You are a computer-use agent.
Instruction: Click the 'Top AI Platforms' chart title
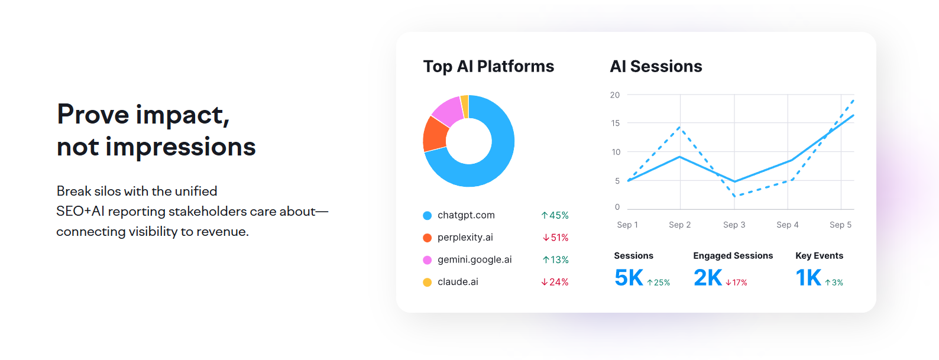click(488, 66)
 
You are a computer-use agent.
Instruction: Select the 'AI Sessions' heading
click(656, 66)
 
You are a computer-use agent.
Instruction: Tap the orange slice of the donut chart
click(435, 134)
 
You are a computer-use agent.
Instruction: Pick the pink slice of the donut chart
click(448, 111)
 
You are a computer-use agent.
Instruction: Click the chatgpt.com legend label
click(466, 215)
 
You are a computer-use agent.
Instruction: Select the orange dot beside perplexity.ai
click(427, 238)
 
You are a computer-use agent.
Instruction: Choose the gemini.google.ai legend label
click(474, 260)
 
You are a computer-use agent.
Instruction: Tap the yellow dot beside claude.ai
click(427, 282)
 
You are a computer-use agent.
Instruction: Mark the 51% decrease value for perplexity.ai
click(555, 238)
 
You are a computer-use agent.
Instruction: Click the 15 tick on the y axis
click(616, 123)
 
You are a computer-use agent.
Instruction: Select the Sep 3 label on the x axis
click(734, 225)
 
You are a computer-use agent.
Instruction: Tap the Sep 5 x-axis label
click(840, 225)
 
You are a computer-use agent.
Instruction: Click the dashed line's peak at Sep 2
click(680, 127)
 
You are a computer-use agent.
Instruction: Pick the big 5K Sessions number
click(629, 277)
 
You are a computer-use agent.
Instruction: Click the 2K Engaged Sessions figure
click(708, 277)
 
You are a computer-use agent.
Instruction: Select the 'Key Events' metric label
click(819, 255)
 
